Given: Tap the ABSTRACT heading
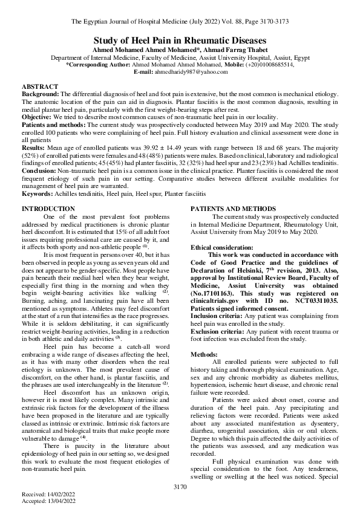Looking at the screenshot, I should click(x=40, y=87).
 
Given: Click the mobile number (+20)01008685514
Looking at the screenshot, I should click(x=269, y=65).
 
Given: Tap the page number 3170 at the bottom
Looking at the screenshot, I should click(x=179, y=485).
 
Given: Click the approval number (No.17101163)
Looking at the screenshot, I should click(x=216, y=293).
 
